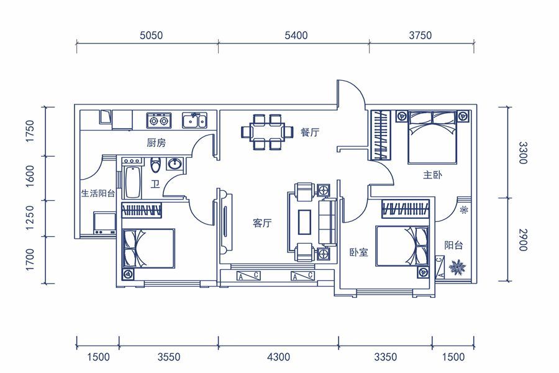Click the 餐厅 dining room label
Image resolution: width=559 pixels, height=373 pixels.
(x=309, y=132)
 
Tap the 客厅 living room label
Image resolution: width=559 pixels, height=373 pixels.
(x=262, y=223)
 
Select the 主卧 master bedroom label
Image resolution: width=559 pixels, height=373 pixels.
(x=432, y=175)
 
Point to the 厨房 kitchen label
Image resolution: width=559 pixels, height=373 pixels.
(x=156, y=143)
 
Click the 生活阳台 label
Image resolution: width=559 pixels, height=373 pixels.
(x=98, y=193)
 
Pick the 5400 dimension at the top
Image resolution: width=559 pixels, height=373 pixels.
(x=296, y=35)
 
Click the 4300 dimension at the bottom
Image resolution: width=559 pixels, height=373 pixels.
(x=278, y=357)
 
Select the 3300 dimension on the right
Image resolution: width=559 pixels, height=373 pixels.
(x=522, y=153)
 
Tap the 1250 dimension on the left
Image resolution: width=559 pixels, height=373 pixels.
(x=30, y=218)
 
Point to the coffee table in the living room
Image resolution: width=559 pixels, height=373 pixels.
(x=304, y=222)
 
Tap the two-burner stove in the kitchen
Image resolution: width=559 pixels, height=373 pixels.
(x=158, y=121)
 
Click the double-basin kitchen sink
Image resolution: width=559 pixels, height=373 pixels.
(x=194, y=120)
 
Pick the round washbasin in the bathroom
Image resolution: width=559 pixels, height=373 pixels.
(x=175, y=164)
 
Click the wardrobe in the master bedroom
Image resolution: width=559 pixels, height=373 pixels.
(x=380, y=135)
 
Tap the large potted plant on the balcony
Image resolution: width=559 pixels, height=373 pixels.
(x=457, y=267)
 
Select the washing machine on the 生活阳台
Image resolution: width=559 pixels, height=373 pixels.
(x=104, y=223)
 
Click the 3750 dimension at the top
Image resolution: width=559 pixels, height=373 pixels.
(x=420, y=35)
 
